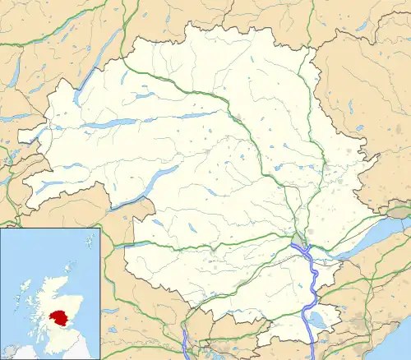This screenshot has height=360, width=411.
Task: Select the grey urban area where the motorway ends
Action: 298,242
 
